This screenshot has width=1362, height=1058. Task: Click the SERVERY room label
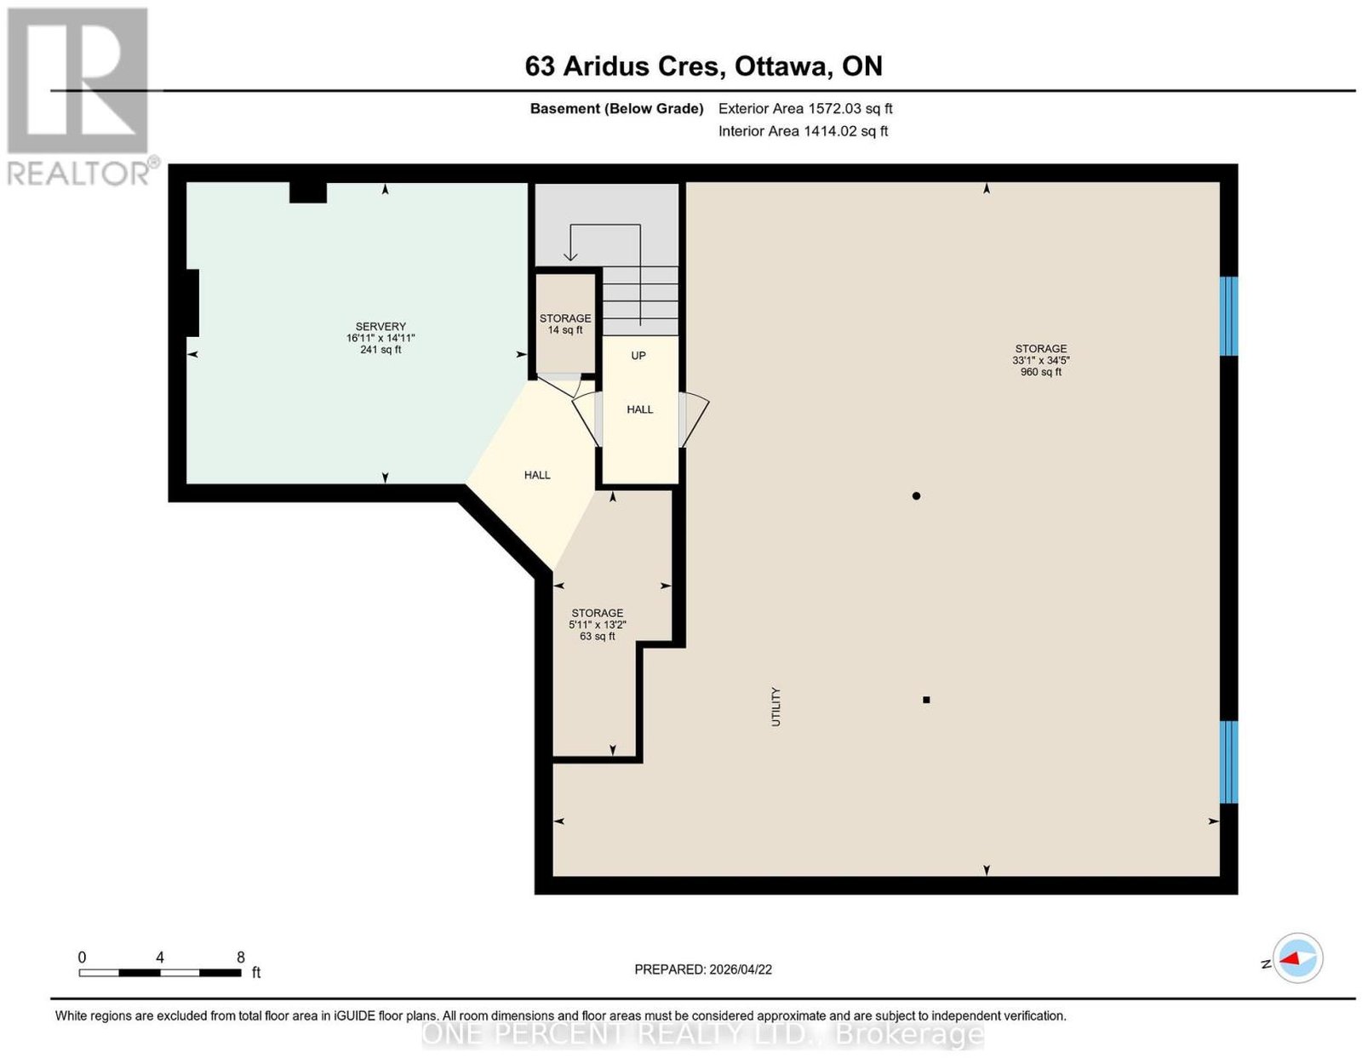(x=381, y=326)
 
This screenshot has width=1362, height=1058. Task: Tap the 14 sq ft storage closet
(x=565, y=323)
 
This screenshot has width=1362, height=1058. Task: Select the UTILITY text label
(x=776, y=706)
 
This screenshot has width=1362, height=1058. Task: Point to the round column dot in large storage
(x=916, y=496)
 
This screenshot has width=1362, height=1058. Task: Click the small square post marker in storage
(x=926, y=700)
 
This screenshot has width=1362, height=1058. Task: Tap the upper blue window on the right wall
(x=1228, y=317)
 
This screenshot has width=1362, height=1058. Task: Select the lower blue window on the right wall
(x=1228, y=762)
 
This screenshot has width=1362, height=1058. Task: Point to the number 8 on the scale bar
(x=241, y=958)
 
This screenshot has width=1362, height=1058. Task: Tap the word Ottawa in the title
(x=783, y=66)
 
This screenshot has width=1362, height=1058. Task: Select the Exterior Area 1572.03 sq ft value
(x=805, y=108)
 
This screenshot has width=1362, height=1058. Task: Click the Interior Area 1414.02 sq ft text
(x=803, y=131)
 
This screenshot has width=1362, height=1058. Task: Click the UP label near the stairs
(x=638, y=356)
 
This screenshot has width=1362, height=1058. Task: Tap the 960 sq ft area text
(x=1041, y=372)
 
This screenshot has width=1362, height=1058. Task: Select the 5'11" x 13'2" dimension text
(x=598, y=625)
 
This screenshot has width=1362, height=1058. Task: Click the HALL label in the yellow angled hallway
(x=537, y=476)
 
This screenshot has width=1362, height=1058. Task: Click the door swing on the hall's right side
(x=693, y=419)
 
